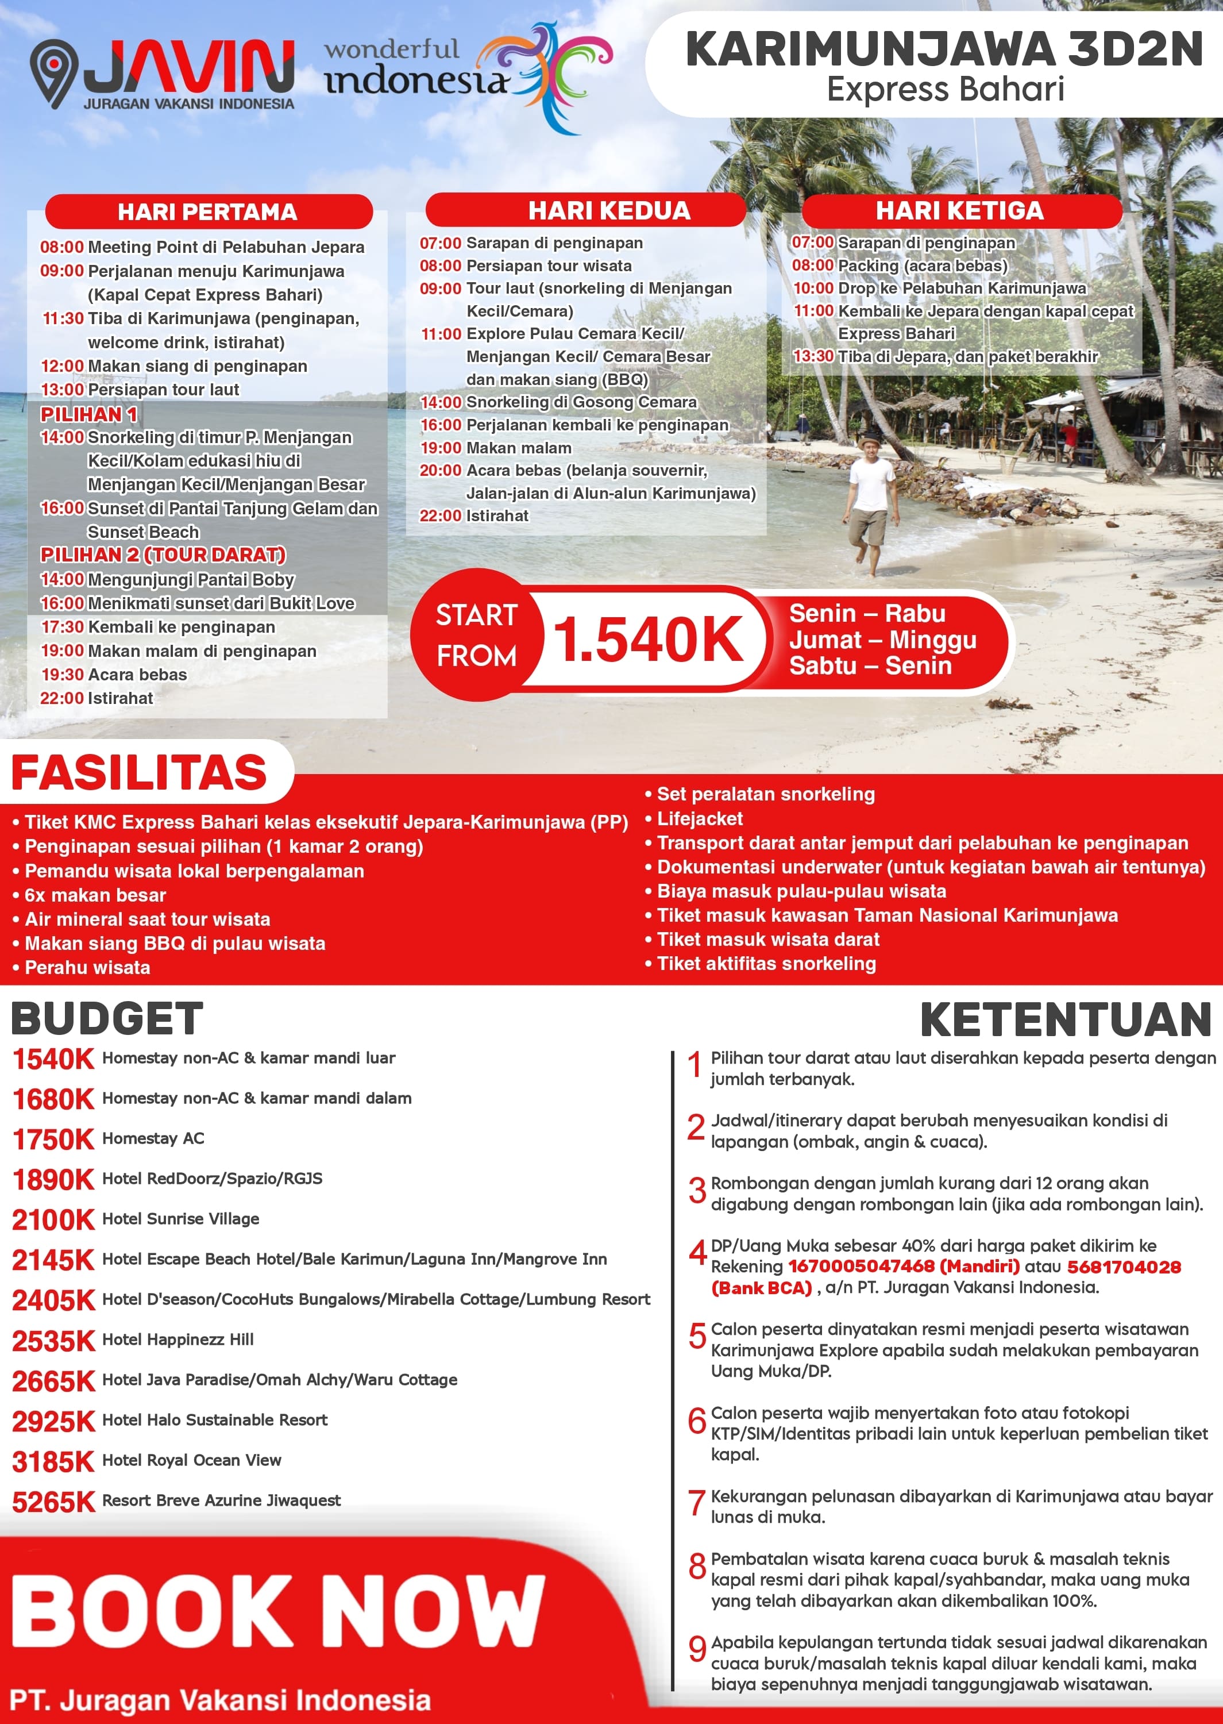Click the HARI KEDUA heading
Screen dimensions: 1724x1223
(x=609, y=211)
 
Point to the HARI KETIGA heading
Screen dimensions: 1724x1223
(x=959, y=211)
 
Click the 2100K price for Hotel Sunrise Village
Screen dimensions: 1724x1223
(x=53, y=1219)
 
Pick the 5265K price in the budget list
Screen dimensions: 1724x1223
(x=53, y=1502)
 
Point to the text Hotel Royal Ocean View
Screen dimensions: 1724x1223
(x=191, y=1460)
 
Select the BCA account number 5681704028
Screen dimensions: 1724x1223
(x=1124, y=1267)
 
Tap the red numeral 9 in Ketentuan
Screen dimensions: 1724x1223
(x=697, y=1649)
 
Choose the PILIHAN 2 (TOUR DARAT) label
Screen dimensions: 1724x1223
(x=163, y=555)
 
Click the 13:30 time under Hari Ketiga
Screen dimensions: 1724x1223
(x=813, y=356)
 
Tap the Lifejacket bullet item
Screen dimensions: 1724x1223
(x=700, y=819)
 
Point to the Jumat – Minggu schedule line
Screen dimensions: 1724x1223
(x=882, y=640)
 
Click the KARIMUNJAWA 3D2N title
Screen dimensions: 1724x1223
(x=944, y=50)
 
